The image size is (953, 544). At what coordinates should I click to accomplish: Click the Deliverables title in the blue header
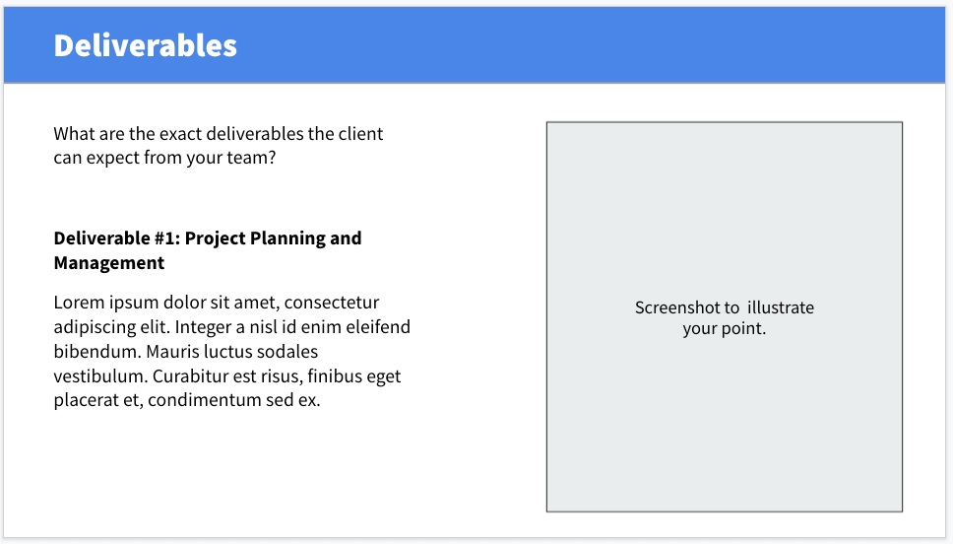click(146, 45)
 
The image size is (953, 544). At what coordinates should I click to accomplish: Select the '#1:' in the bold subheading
click(166, 238)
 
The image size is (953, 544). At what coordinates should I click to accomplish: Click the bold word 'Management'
click(109, 263)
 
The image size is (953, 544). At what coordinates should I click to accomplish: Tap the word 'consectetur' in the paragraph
click(332, 303)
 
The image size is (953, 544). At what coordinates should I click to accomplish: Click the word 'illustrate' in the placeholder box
click(781, 307)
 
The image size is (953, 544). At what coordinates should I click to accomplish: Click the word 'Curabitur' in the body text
click(190, 376)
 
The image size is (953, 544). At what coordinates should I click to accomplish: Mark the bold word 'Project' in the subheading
click(216, 238)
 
